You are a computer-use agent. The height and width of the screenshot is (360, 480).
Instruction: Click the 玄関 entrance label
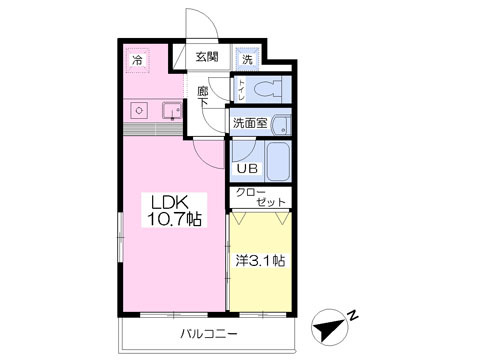[207, 56]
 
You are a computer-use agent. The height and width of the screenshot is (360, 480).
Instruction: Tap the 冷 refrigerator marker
[136, 59]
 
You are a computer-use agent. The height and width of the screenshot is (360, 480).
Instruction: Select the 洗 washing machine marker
[248, 57]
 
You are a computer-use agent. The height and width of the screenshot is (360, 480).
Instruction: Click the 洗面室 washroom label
[250, 123]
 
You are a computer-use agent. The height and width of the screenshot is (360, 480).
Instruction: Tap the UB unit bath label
[246, 168]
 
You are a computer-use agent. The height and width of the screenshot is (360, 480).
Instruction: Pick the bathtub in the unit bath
[275, 160]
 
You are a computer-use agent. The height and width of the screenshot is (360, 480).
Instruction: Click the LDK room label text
[169, 200]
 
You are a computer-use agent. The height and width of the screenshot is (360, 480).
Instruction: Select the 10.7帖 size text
[176, 219]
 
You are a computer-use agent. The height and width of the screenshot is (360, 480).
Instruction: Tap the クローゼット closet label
[261, 197]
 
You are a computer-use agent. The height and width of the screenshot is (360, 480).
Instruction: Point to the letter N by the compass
[352, 315]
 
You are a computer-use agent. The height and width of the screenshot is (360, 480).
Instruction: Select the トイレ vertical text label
[241, 91]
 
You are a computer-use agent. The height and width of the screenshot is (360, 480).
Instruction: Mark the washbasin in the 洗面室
[283, 125]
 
